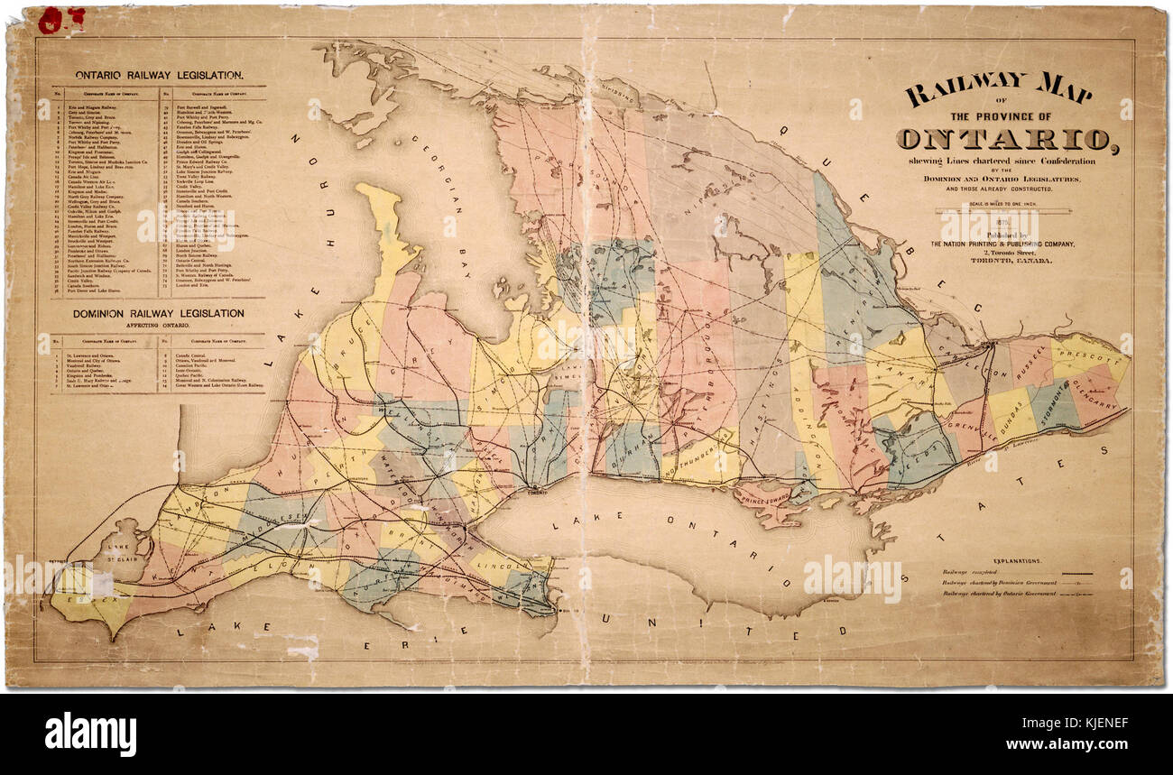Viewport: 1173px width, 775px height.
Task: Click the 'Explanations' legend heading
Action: [x=1017, y=560]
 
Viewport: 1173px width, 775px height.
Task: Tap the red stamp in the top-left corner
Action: [x=61, y=18]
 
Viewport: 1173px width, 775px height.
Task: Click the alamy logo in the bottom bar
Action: [x=90, y=733]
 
